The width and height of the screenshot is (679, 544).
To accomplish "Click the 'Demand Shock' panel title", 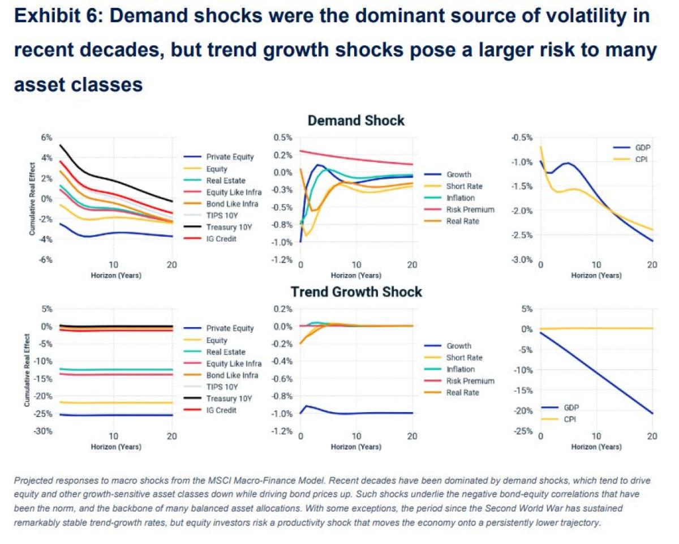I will [356, 121].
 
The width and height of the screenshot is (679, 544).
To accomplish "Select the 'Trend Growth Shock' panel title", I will [356, 292].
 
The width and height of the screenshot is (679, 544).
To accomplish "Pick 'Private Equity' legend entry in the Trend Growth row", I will [230, 328].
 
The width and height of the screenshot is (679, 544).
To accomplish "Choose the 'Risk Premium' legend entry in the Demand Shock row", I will [470, 209].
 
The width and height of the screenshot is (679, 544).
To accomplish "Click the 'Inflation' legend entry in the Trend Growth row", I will [461, 369].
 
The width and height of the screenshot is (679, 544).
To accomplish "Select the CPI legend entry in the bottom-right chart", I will [571, 419].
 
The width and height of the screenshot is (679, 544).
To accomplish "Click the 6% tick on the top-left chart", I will [46, 138].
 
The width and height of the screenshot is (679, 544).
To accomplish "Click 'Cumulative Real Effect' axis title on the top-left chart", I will [33, 199].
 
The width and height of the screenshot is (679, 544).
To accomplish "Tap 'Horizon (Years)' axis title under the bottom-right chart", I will [596, 447].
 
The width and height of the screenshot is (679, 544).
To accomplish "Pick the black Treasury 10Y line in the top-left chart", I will [113, 182].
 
